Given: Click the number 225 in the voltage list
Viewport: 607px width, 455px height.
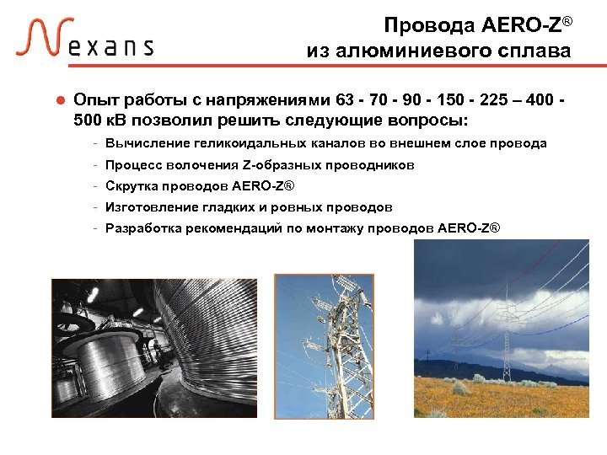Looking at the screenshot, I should tap(485, 99).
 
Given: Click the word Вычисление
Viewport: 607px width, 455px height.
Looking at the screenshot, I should tap(142, 144).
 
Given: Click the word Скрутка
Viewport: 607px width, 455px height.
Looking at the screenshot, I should tap(131, 186).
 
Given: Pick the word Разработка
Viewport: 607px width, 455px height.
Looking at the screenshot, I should tap(139, 228).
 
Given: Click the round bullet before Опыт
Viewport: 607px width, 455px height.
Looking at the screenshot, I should tap(60, 100).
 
